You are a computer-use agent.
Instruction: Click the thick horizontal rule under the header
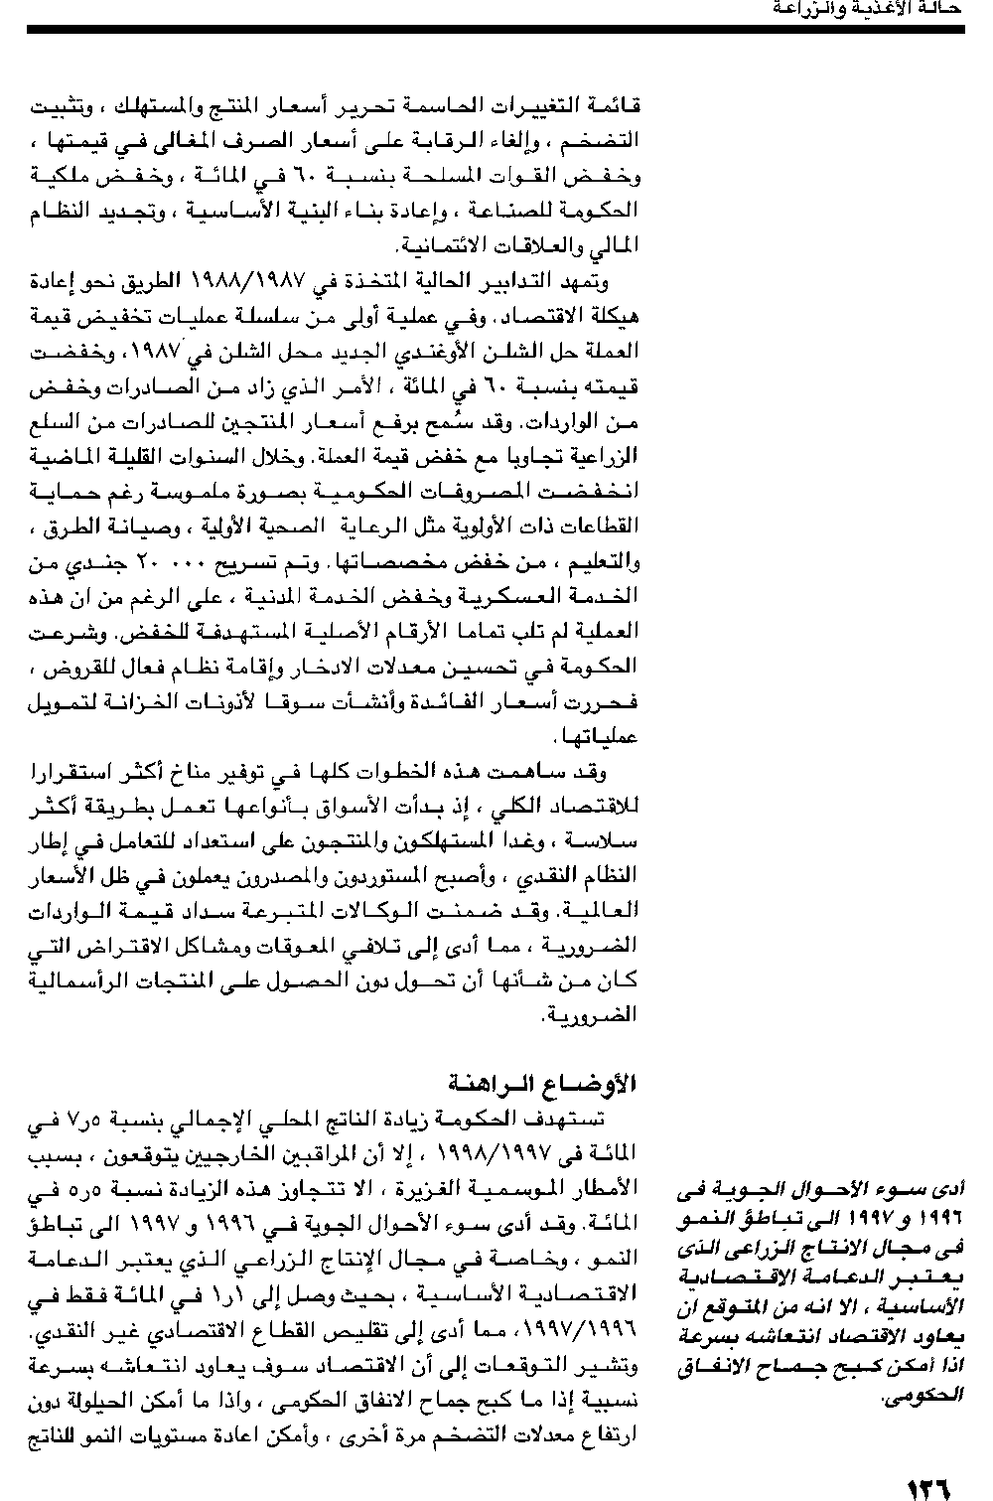[496, 30]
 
